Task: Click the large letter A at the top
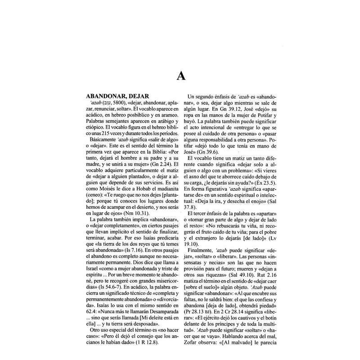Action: (x=180, y=76)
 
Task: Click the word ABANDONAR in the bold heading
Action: (x=104, y=96)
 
